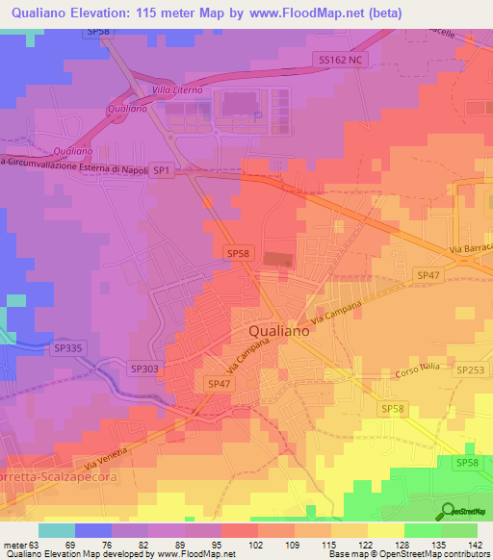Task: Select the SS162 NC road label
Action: pos(343,60)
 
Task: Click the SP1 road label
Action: pos(161,170)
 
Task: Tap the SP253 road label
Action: pos(471,369)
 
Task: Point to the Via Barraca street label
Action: pos(470,249)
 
